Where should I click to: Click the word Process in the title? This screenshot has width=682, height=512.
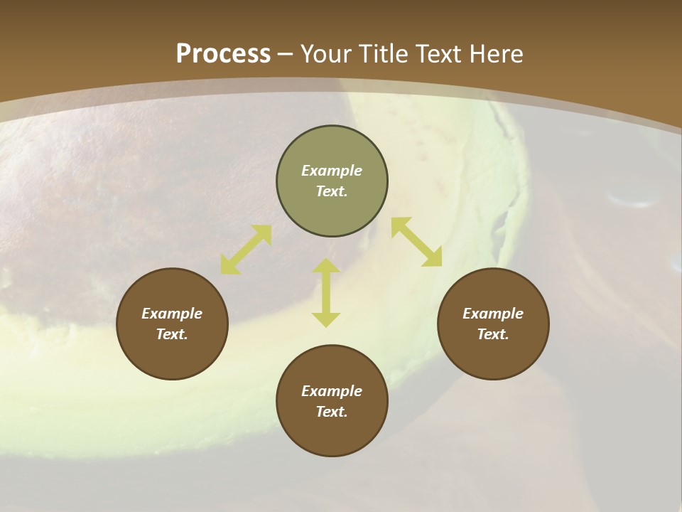223,53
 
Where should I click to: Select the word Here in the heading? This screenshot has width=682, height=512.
497,53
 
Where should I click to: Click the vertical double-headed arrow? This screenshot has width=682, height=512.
326,292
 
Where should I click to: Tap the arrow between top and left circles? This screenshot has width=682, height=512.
246,249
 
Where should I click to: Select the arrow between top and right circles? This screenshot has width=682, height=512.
416,242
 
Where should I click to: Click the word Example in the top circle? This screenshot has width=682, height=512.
332,171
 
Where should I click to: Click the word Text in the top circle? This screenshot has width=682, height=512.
332,191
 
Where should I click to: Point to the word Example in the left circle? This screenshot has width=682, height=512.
172,314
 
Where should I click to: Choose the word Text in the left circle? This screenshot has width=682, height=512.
172,334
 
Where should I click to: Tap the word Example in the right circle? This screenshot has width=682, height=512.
493,314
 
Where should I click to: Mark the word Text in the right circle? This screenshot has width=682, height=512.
493,334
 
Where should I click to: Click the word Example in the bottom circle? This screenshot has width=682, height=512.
332,391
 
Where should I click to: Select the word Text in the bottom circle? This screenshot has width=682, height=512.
332,412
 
